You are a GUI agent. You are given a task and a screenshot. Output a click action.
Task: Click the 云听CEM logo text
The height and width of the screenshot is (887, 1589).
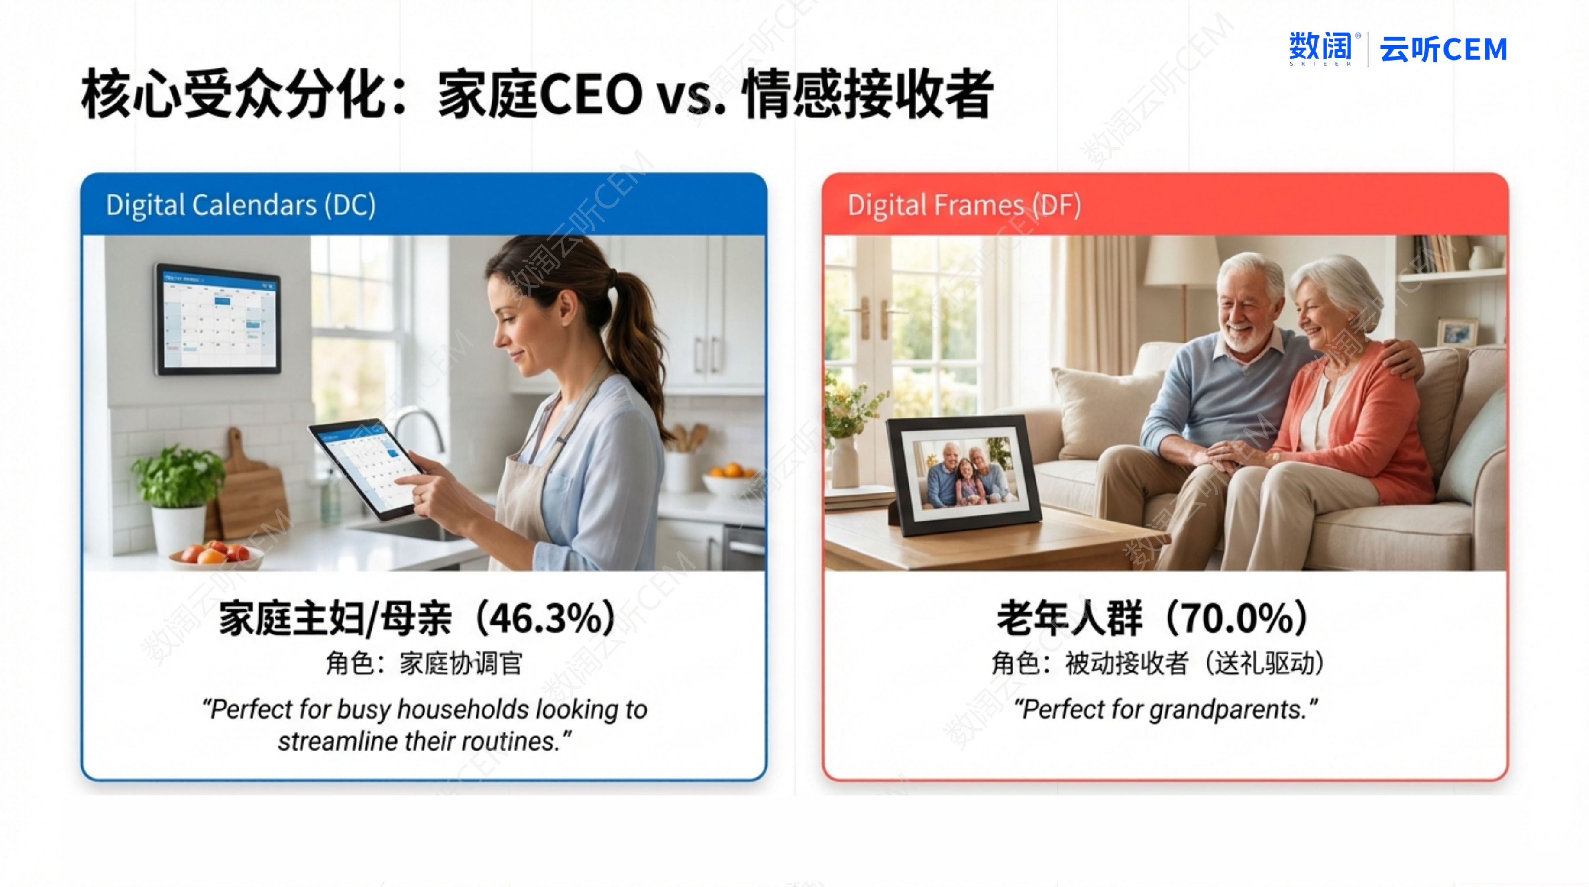(x=1443, y=49)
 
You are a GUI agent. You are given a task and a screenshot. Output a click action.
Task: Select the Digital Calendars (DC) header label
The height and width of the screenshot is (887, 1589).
(x=240, y=205)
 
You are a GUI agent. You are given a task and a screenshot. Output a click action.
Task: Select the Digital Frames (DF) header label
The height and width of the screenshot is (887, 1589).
(x=964, y=205)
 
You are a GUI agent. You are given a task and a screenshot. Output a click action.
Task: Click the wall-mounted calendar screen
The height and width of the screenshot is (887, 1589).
(x=217, y=319)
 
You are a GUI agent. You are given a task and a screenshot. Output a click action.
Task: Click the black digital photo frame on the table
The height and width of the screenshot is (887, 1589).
(x=964, y=475)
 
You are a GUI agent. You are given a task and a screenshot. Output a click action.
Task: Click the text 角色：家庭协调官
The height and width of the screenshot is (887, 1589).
(x=424, y=664)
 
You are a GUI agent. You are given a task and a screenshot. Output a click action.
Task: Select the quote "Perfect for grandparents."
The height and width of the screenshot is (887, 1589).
(x=1166, y=709)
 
